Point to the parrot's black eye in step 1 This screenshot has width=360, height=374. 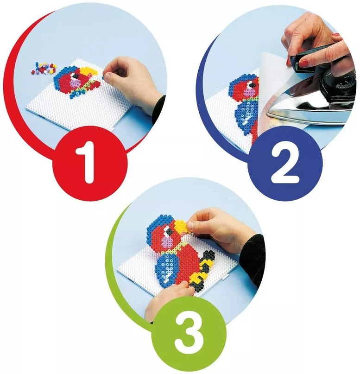tap(76, 76)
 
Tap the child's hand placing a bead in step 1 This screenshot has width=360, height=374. tap(129, 79)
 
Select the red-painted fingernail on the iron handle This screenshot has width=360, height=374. tap(303, 63)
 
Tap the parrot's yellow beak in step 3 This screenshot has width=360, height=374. tap(181, 227)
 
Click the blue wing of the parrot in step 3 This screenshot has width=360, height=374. tap(167, 267)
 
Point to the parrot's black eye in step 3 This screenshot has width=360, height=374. tap(170, 230)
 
